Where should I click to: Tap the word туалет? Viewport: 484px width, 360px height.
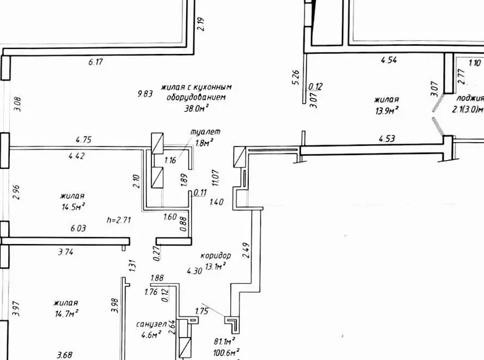click(x=204, y=132)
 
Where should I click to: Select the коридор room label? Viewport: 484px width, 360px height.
click(x=215, y=256)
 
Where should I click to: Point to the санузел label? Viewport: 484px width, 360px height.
click(x=151, y=325)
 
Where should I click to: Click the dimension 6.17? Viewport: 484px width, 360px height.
click(x=96, y=61)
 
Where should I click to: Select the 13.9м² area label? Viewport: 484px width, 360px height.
click(x=386, y=110)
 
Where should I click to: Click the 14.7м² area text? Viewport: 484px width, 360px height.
click(x=66, y=313)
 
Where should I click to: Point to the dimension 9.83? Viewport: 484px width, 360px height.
click(x=145, y=94)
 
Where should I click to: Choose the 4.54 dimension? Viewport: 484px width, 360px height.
click(x=388, y=60)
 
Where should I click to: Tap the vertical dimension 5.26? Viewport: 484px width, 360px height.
click(x=296, y=77)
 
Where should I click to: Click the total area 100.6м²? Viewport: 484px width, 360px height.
click(x=226, y=352)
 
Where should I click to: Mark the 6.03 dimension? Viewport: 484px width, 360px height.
click(x=78, y=228)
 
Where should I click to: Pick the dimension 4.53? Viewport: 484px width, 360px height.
click(x=387, y=139)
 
